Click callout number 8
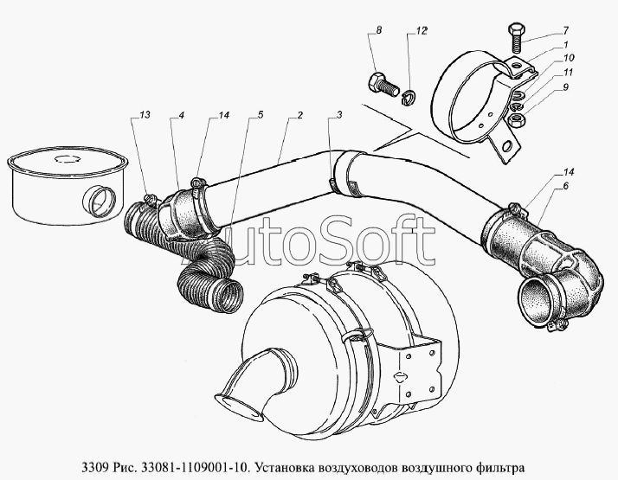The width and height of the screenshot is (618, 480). click(379, 31)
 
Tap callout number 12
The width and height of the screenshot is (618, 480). click(421, 31)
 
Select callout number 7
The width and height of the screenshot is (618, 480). click(565, 30)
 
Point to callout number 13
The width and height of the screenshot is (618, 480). click(145, 115)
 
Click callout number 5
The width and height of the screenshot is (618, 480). click(261, 115)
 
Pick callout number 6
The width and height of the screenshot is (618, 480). click(566, 186)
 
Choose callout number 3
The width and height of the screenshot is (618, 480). click(339, 115)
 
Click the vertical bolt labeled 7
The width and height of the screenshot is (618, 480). click(516, 39)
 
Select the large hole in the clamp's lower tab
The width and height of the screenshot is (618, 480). click(508, 145)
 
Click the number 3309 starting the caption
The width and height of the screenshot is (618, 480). click(94, 468)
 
